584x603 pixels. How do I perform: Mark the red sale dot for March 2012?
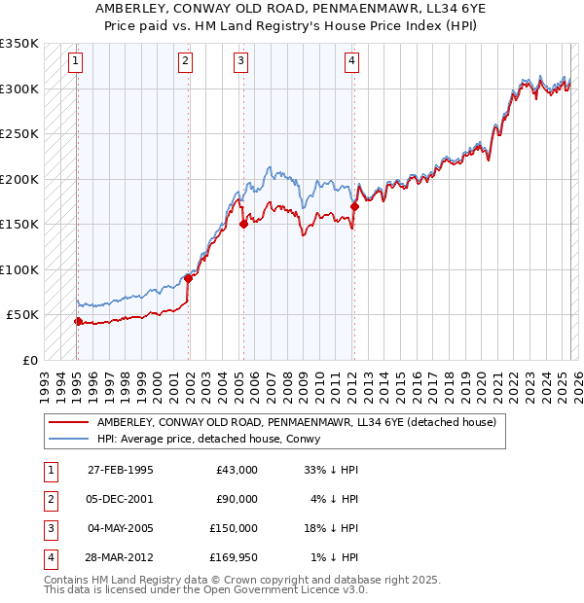point(354,206)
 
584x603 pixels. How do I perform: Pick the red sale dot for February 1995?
point(78,321)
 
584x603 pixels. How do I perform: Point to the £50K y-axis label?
point(22,315)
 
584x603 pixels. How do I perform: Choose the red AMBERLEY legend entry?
point(296,422)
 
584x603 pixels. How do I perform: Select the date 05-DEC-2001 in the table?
point(120,499)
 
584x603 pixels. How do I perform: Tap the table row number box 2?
point(49,499)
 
